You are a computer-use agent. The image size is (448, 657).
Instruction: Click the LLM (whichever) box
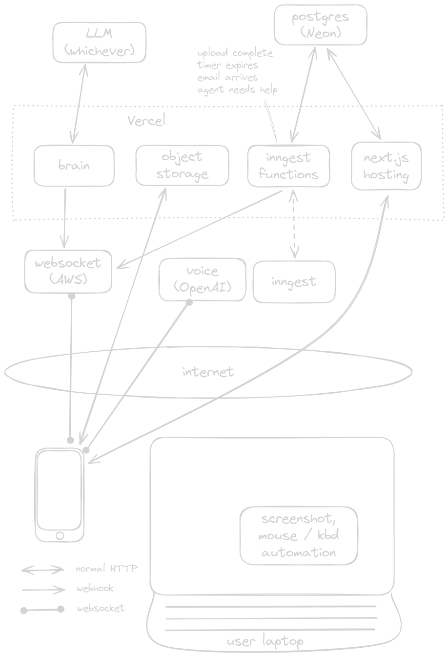pyautogui.click(x=99, y=42)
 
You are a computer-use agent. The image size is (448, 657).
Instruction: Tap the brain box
pyautogui.click(x=74, y=166)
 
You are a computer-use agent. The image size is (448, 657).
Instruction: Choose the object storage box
pyautogui.click(x=182, y=166)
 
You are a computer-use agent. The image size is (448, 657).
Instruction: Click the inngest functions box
pyautogui.click(x=288, y=166)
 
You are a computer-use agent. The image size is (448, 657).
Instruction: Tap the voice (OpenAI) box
pyautogui.click(x=202, y=279)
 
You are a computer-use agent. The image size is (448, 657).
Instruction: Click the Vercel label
pyautogui.click(x=146, y=121)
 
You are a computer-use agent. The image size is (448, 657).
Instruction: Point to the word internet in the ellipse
pyautogui.click(x=208, y=372)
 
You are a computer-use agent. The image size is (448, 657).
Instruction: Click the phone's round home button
pyautogui.click(x=60, y=536)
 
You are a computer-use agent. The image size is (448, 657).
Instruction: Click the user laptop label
pyautogui.click(x=265, y=641)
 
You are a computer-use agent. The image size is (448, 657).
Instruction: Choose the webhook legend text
pyautogui.click(x=95, y=589)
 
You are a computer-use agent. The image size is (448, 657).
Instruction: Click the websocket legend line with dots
pyautogui.click(x=42, y=609)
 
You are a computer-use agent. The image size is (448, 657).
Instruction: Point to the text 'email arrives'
pyautogui.click(x=227, y=77)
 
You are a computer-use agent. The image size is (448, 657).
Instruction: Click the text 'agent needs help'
pyautogui.click(x=237, y=90)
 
